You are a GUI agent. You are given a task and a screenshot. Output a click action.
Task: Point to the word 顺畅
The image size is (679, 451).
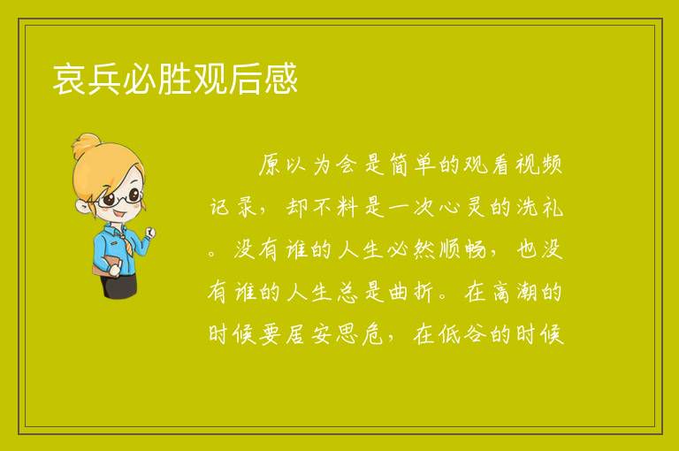462,249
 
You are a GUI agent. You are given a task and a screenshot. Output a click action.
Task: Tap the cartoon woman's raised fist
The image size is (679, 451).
150,233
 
